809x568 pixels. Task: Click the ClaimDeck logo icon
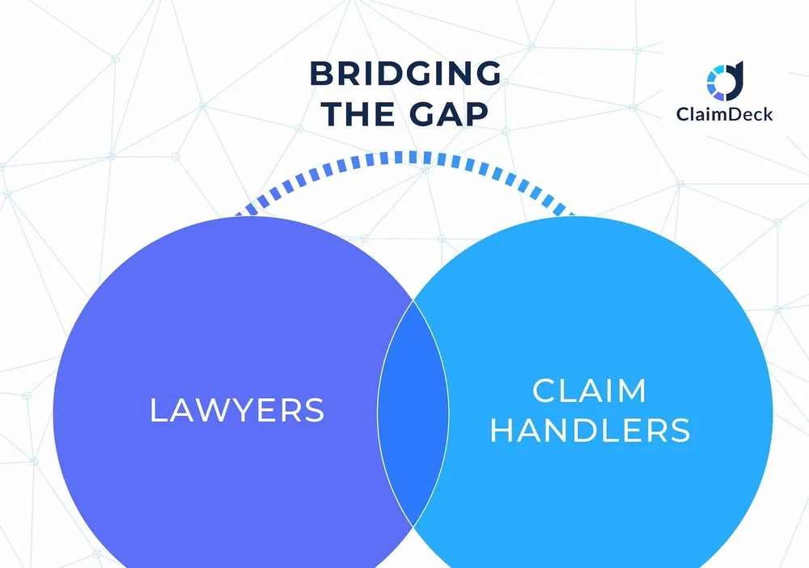click(724, 80)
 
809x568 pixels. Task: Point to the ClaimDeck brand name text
click(724, 114)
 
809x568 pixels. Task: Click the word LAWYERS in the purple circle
click(237, 410)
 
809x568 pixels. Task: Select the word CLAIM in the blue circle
click(590, 391)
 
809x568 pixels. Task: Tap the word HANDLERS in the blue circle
click(590, 430)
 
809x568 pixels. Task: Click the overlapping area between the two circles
click(413, 413)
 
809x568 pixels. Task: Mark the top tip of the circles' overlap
click(413, 301)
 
